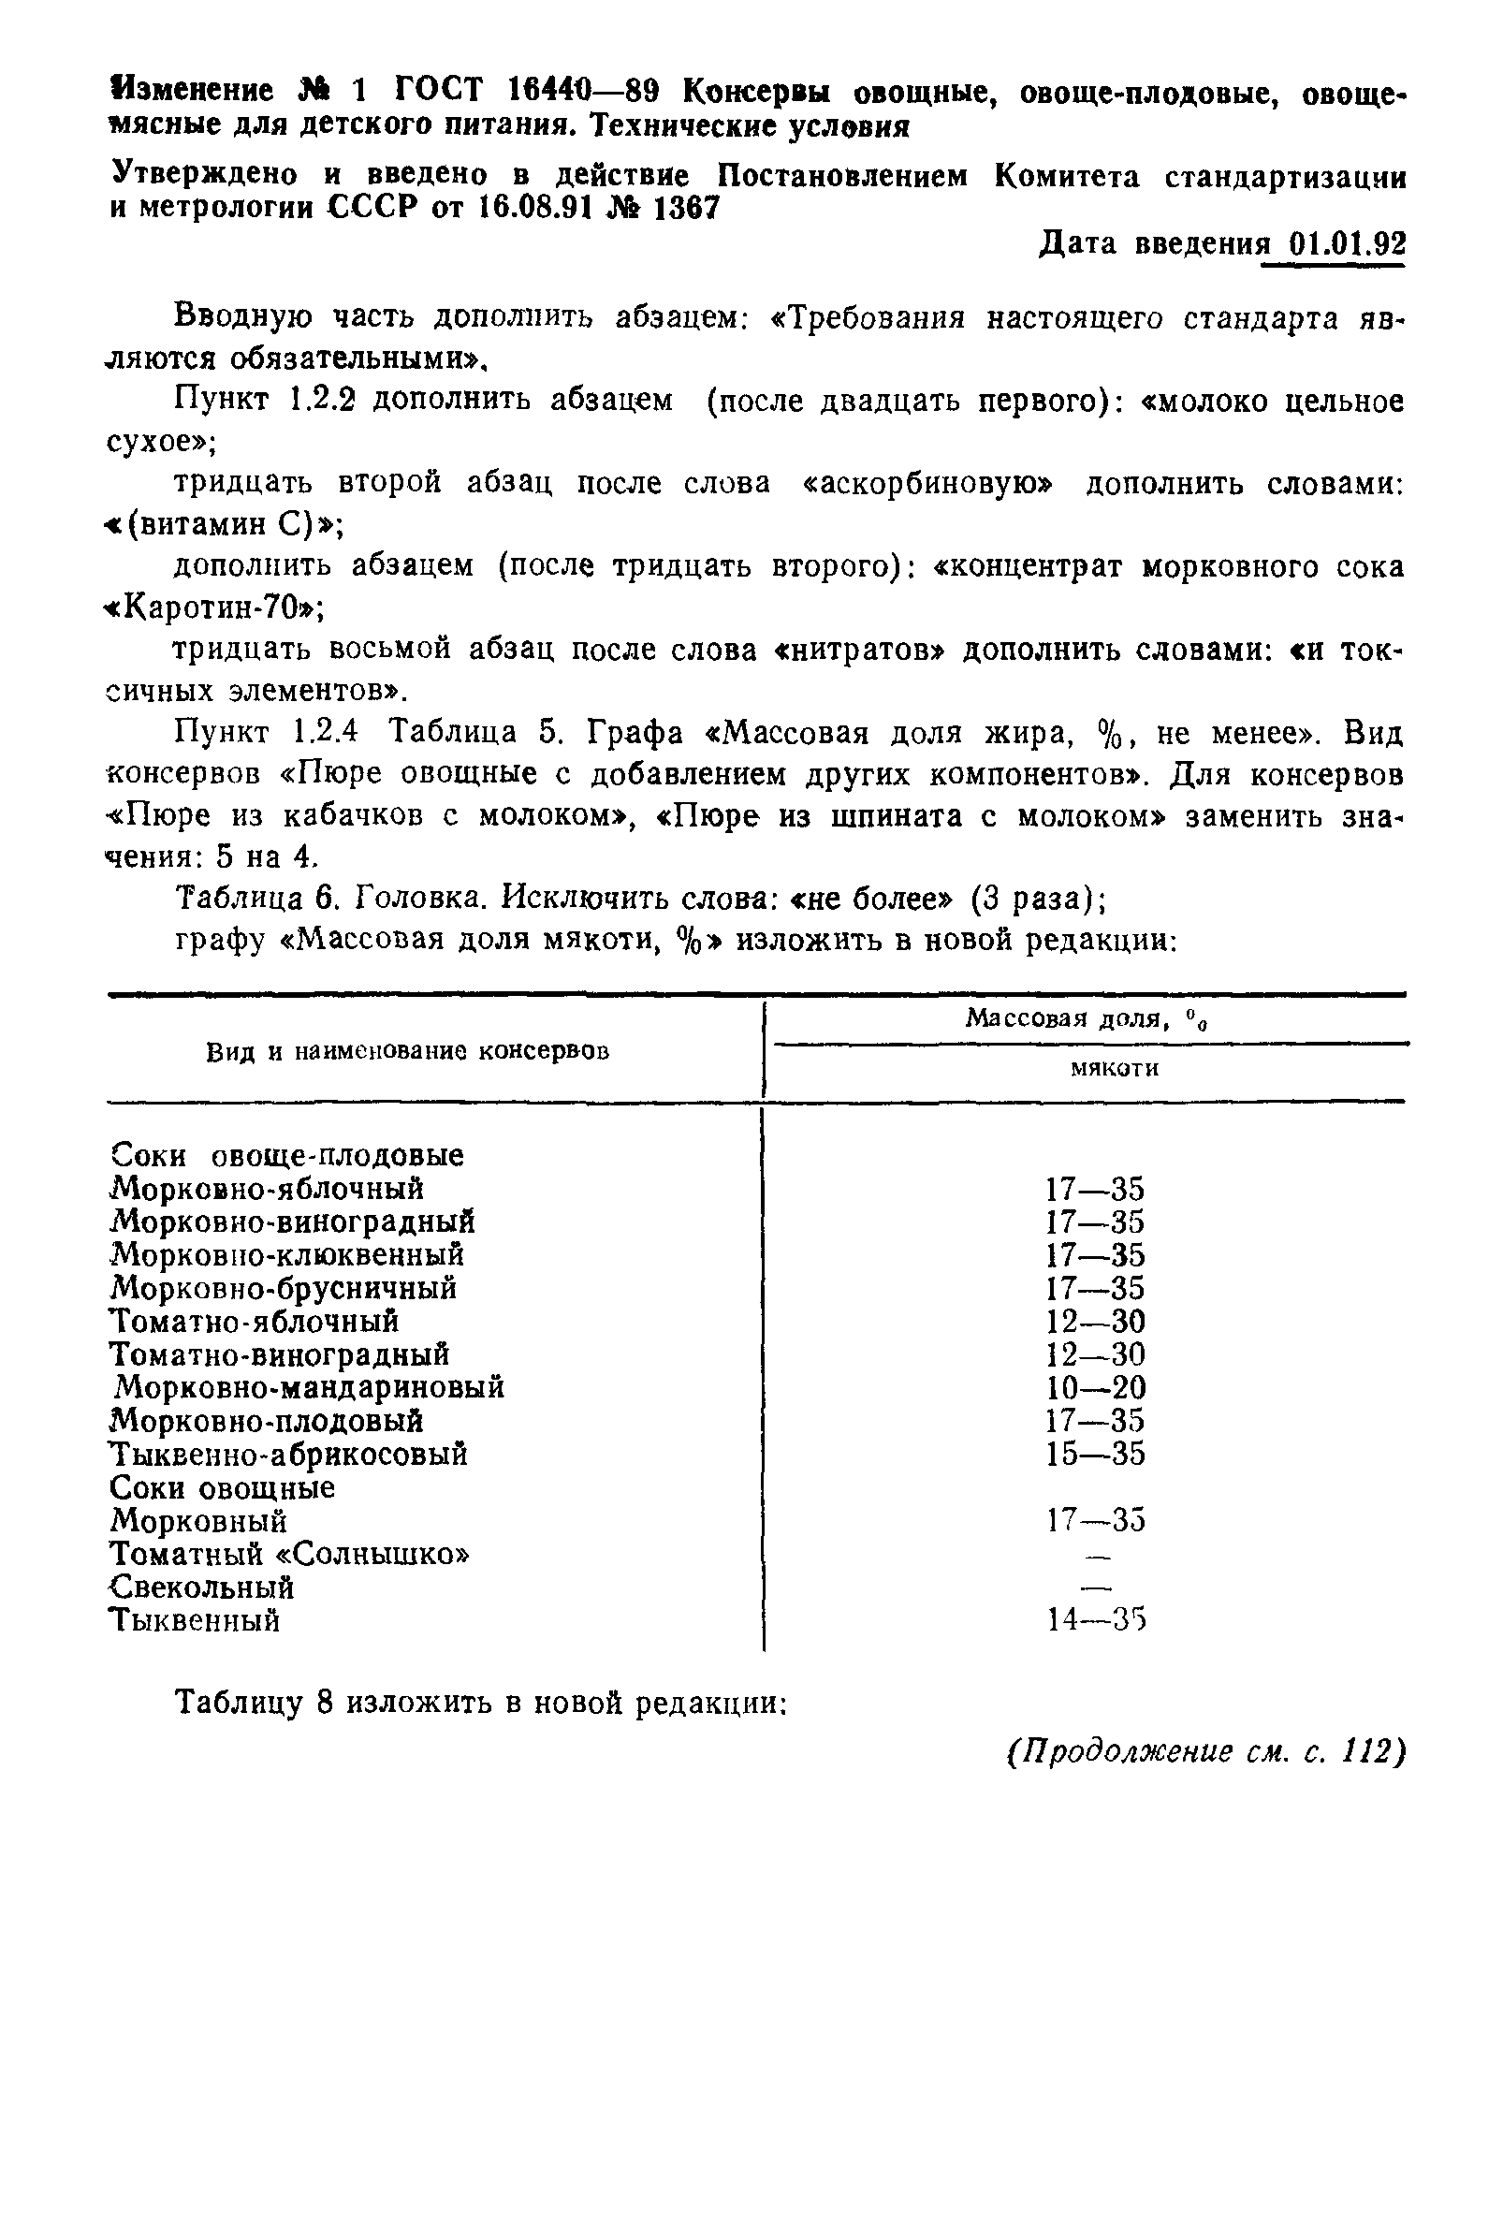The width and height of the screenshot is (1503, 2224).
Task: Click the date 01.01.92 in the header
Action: click(1347, 245)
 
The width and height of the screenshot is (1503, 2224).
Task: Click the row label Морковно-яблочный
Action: click(267, 1189)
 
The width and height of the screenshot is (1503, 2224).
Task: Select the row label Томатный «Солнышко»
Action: click(289, 1553)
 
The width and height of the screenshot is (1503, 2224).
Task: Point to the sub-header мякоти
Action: click(1114, 1068)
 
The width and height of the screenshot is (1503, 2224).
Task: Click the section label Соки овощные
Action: click(222, 1488)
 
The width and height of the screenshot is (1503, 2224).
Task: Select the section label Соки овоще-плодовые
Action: click(287, 1155)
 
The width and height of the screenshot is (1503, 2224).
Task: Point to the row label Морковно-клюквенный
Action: click(287, 1254)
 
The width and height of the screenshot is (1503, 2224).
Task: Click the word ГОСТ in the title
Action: click(439, 91)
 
